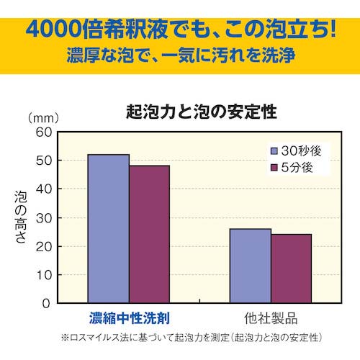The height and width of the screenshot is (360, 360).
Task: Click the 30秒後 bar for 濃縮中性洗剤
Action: [x=108, y=229]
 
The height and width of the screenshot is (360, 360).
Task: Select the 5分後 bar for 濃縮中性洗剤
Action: [x=149, y=234]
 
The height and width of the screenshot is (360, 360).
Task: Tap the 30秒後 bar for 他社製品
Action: [x=250, y=266]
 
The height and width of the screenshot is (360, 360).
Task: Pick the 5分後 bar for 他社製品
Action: [x=291, y=269]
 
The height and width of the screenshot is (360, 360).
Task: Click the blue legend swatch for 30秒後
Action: [x=274, y=151]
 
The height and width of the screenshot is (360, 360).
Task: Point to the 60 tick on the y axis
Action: [x=42, y=132]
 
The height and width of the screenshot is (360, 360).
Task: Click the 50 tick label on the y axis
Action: [x=42, y=161]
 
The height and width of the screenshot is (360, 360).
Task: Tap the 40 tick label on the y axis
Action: [x=42, y=189]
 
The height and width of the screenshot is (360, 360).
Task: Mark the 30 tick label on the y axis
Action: [x=42, y=217]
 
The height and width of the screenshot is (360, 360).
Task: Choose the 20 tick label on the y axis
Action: [x=42, y=246]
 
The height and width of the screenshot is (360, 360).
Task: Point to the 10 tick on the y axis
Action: [x=42, y=275]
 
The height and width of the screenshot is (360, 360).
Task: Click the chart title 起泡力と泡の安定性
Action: [x=201, y=113]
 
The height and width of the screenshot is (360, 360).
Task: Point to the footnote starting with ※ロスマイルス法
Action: [x=191, y=337]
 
